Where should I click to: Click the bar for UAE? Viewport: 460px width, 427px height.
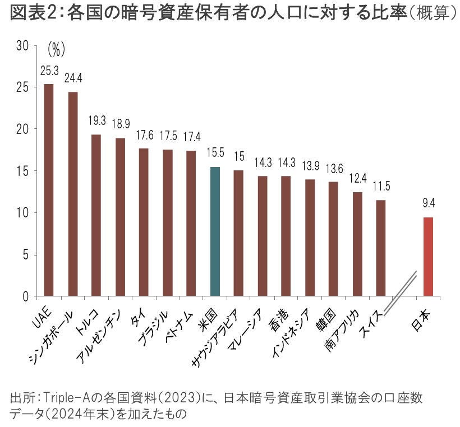(x=49, y=191)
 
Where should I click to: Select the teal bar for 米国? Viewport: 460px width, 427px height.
(x=215, y=231)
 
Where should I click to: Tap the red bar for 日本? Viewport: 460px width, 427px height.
(x=428, y=257)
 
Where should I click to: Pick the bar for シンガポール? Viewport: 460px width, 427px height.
(x=73, y=194)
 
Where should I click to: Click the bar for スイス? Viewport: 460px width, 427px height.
(x=381, y=248)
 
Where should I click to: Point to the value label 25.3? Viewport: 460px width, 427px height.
(x=49, y=71)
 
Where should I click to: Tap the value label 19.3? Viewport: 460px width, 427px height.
(x=96, y=121)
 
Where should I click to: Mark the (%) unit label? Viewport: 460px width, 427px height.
(x=56, y=50)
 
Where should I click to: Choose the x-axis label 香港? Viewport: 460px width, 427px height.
(x=279, y=317)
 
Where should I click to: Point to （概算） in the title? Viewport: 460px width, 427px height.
(x=431, y=14)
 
